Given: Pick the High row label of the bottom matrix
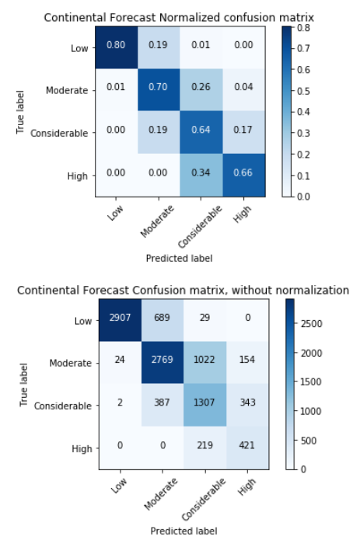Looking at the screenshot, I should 82,448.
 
